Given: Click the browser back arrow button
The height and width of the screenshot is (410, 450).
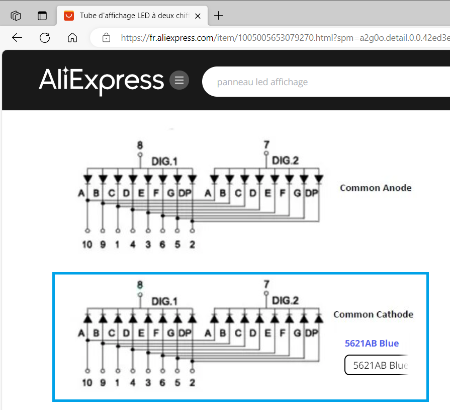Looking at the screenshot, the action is click(17, 37).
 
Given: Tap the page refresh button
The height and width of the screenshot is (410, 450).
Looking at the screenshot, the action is click(45, 37).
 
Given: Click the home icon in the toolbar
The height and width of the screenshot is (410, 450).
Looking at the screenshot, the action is click(72, 37).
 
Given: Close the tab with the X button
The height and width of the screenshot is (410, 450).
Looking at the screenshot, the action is click(198, 16).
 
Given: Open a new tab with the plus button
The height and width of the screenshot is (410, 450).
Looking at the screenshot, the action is click(218, 16).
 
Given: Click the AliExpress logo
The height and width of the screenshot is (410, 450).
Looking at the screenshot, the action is click(101, 81).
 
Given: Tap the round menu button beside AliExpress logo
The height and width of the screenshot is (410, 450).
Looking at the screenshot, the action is click(179, 80).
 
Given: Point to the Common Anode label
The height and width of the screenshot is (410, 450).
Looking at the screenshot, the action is click(376, 188).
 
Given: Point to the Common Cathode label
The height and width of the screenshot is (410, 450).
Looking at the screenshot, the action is click(374, 314).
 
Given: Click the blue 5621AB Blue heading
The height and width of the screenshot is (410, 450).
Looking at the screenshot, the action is click(372, 344).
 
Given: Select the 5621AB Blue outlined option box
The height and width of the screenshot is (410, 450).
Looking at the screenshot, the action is click(377, 365).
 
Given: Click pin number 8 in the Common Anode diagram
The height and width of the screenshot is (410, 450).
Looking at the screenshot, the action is click(140, 145).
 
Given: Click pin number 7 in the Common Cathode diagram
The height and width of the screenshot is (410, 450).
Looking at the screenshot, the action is click(266, 284).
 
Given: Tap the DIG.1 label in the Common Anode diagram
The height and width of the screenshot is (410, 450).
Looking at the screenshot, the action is click(164, 162).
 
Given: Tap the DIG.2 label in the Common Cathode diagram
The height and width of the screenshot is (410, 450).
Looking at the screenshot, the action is click(285, 301).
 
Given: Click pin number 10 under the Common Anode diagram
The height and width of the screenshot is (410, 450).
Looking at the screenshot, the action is click(87, 244).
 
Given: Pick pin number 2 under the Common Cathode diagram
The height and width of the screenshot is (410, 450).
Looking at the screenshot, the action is click(192, 383).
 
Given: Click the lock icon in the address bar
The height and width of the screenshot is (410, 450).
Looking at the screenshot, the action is click(106, 37).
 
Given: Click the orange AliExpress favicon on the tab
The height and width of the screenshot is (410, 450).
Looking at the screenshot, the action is click(69, 16).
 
